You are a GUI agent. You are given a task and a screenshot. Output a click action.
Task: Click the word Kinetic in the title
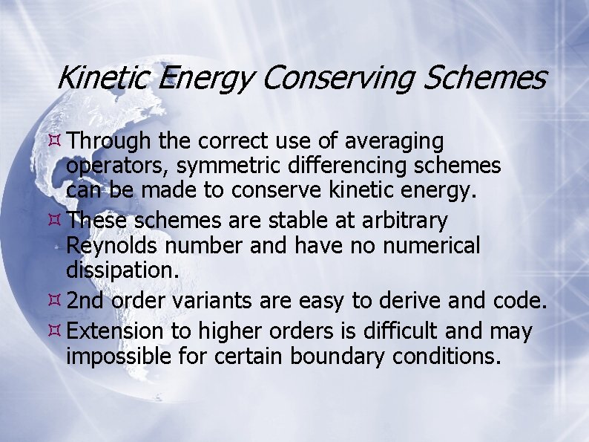pos(103,77)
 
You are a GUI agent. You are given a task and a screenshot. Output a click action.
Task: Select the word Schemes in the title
pos(485,77)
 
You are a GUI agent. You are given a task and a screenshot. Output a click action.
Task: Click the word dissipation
pos(122,270)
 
